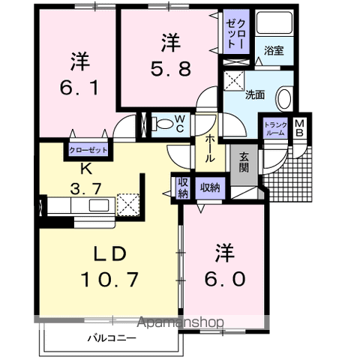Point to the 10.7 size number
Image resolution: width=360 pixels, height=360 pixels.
[109, 278]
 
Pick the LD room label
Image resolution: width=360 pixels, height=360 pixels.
[109, 251]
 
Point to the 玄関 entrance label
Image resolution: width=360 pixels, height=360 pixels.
[244, 162]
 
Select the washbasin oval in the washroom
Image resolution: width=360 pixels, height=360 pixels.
[284, 98]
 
